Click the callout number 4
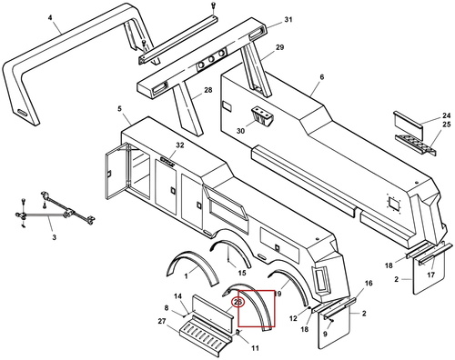[50, 17]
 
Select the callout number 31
[288, 20]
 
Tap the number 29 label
[279, 47]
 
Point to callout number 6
[322, 77]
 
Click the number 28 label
[208, 90]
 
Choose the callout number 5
[119, 108]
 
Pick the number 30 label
[240, 131]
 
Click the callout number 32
[180, 145]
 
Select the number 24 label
[447, 115]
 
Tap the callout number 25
[447, 125]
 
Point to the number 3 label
[54, 237]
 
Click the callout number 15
[242, 273]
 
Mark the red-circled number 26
[238, 302]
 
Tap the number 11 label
[256, 348]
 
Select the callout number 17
[431, 275]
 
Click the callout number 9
[325, 334]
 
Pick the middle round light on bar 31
[212, 59]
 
